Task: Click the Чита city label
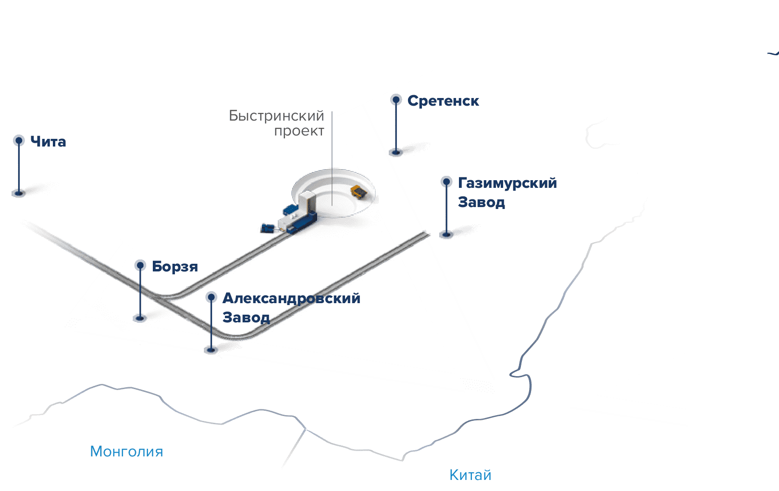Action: click(48, 142)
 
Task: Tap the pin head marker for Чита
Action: click(19, 140)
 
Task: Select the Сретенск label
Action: click(443, 101)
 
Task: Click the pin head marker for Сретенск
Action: click(396, 99)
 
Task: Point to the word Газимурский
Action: click(507, 183)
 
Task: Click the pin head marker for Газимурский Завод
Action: click(446, 182)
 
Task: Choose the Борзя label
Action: click(175, 267)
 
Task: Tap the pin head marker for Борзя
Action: click(140, 265)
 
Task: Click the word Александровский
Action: click(291, 298)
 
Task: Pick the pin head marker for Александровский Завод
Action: click(211, 297)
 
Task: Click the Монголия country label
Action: click(126, 452)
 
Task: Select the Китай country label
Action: click(470, 475)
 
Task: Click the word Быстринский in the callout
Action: click(276, 116)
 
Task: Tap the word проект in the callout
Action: click(299, 131)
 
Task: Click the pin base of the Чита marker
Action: click(19, 194)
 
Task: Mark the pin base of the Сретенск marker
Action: click(396, 153)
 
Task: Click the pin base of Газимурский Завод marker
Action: click(446, 235)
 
